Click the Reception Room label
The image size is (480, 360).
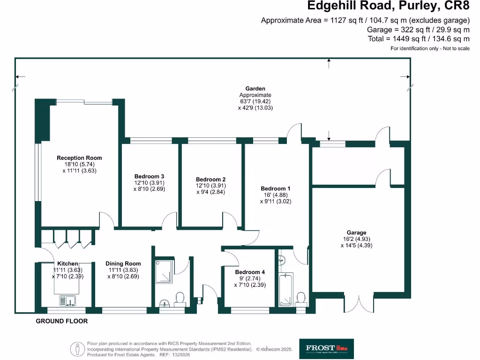(x=79, y=158)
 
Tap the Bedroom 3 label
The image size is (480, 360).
(x=149, y=176)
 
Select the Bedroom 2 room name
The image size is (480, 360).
(x=211, y=179)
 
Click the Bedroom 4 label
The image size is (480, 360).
(x=250, y=272)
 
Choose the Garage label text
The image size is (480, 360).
(x=356, y=232)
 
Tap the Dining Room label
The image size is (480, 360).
(x=123, y=263)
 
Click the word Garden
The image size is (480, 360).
(x=255, y=88)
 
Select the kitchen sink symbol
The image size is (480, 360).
(x=68, y=300)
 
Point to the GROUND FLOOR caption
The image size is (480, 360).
(x=62, y=321)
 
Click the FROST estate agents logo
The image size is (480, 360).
(x=326, y=348)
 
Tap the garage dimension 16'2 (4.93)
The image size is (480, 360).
(x=356, y=239)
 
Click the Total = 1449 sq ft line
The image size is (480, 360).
(x=419, y=38)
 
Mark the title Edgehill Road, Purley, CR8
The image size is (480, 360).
(x=388, y=6)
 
